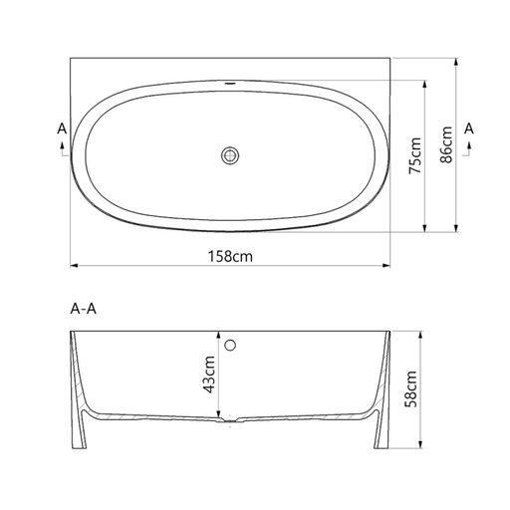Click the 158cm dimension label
coord(230,256)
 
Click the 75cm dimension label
coord(415,155)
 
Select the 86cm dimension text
coord(446,144)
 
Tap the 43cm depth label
coord(209,375)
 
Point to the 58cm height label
coord(410,389)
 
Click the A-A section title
coord(84,309)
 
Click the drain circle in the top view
coord(230,155)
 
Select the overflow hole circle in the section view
coord(230,346)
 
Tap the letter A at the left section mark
coord(62,128)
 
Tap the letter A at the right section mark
coord(469,128)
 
